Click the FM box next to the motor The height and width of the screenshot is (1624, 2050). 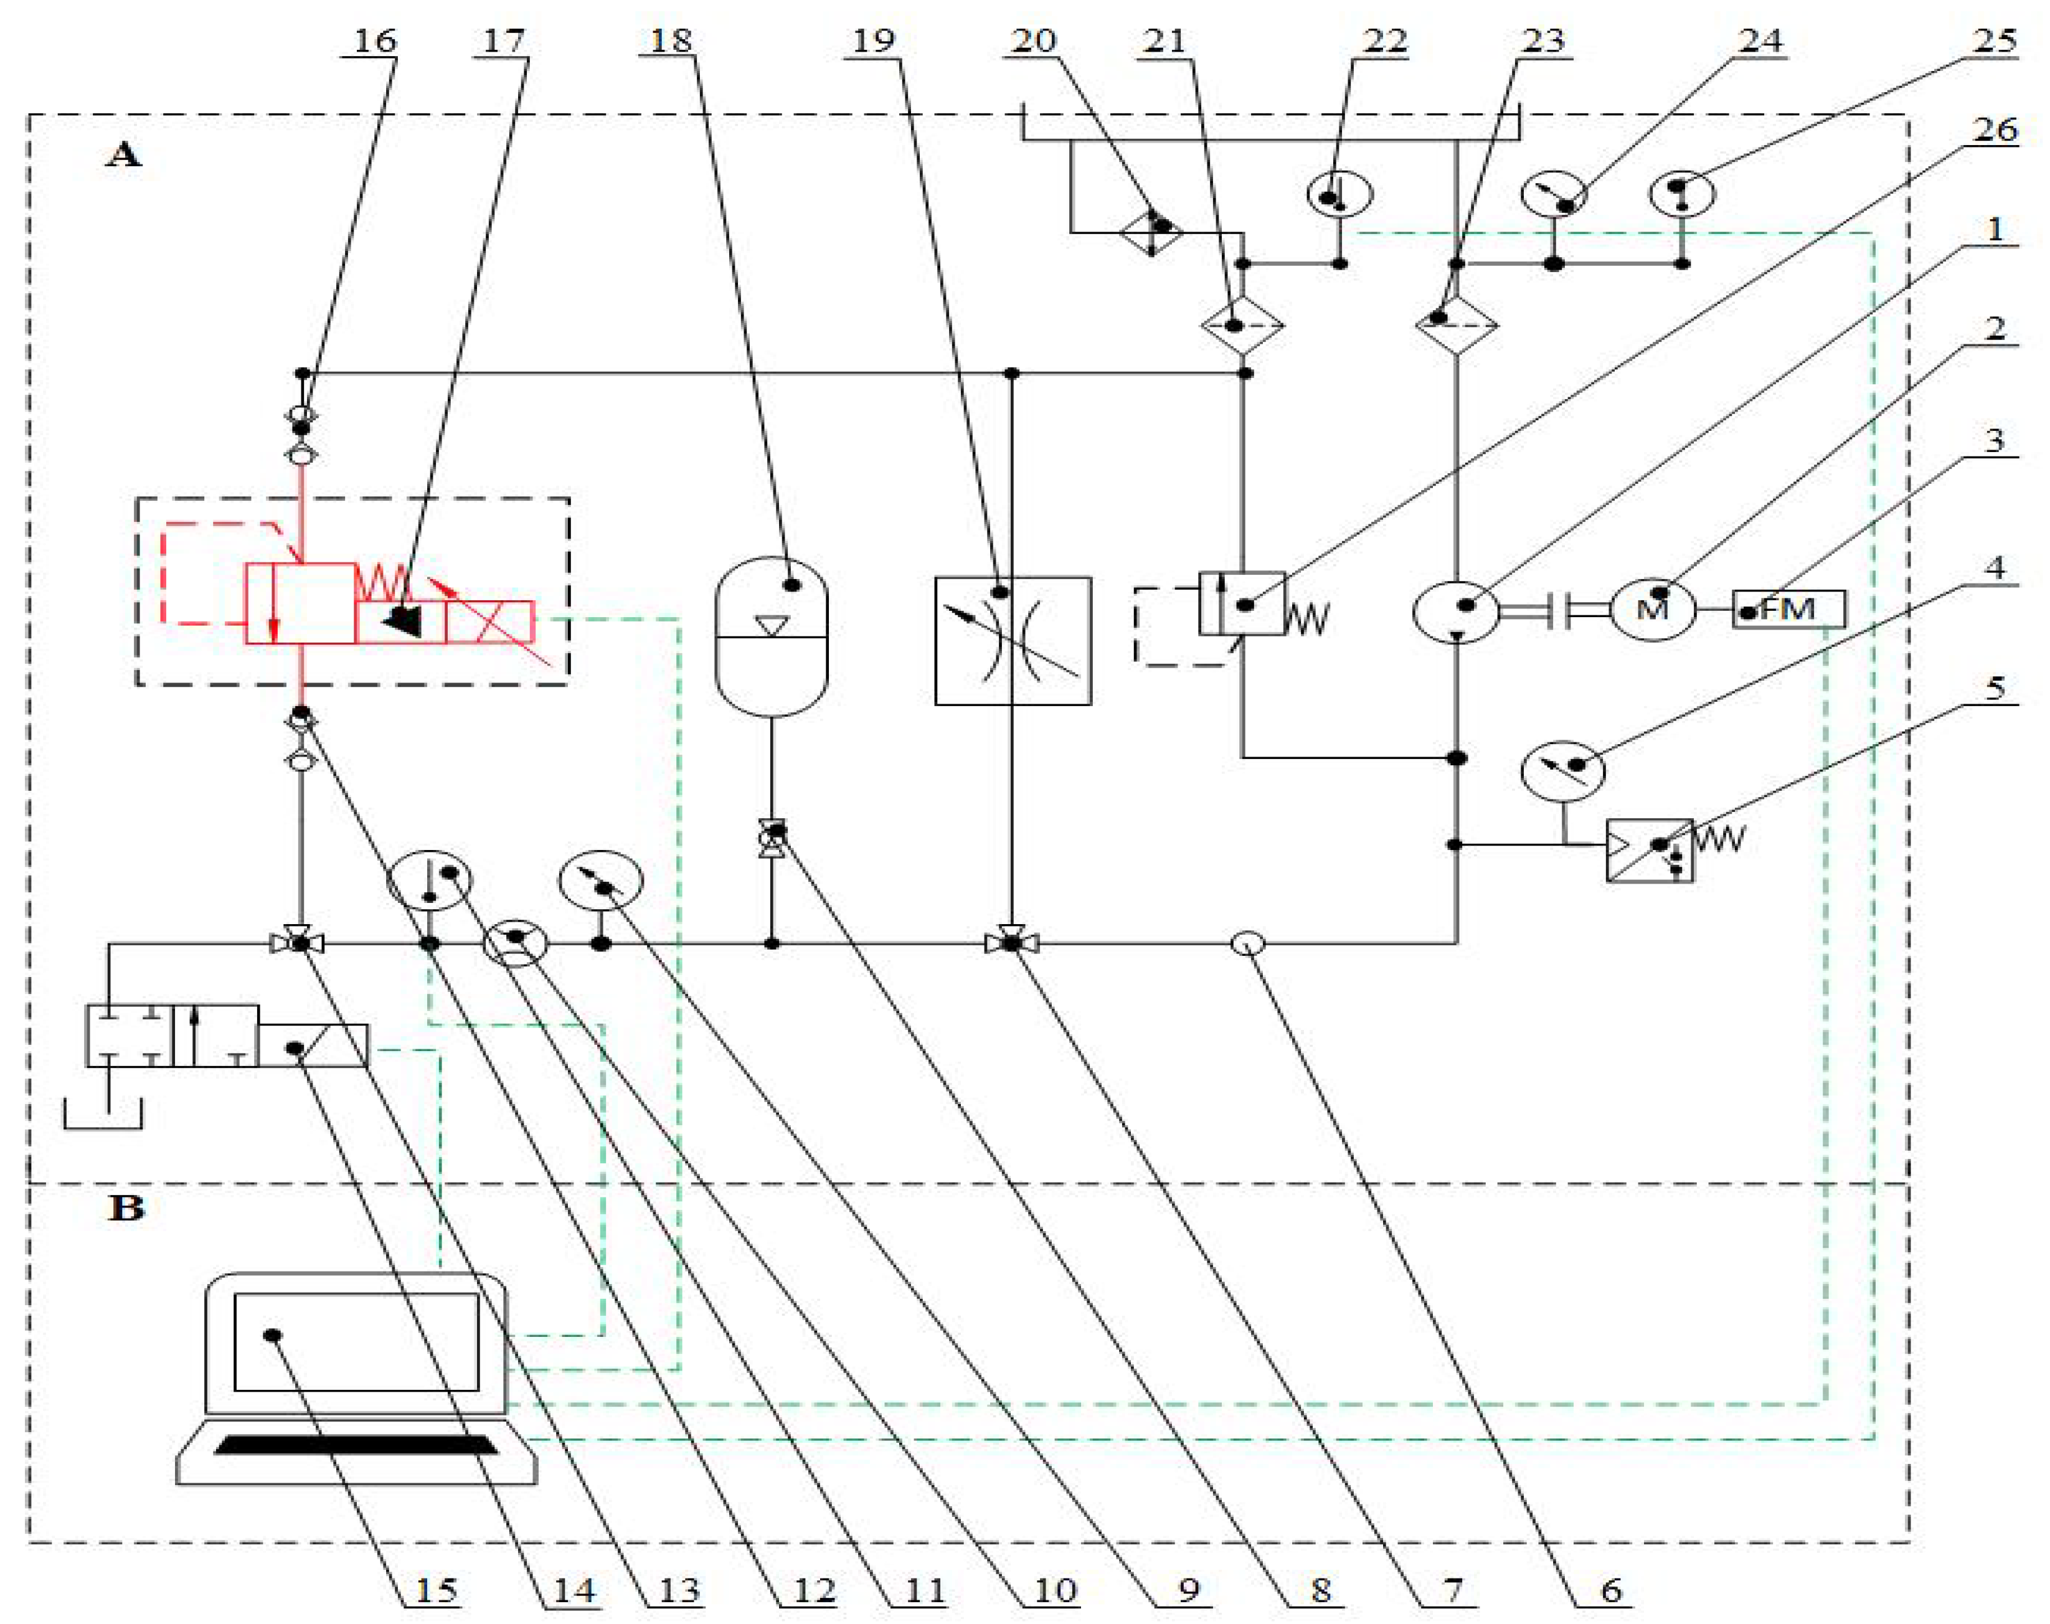(1788, 608)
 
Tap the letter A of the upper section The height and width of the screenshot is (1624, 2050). (123, 154)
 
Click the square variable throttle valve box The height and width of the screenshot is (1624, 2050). (1013, 641)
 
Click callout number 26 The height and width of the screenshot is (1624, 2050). (1995, 130)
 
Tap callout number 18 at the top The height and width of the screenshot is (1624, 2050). (670, 41)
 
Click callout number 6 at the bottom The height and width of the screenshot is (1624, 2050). (1611, 1590)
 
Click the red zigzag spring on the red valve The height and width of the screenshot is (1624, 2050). (382, 581)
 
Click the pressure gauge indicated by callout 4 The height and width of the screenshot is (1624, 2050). (1563, 769)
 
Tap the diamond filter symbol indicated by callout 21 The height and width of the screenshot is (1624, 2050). (1242, 325)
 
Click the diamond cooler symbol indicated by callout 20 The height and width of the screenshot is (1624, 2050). (1151, 230)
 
